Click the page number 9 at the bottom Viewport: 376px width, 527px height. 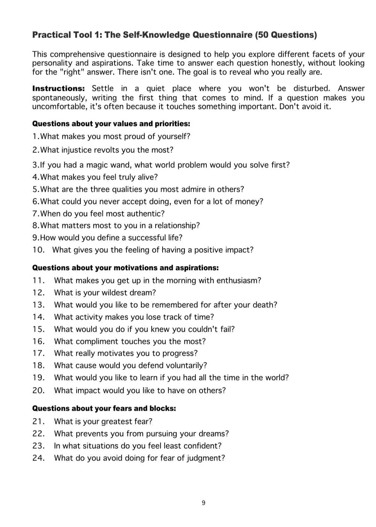(203, 503)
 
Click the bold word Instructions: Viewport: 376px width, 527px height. (58, 88)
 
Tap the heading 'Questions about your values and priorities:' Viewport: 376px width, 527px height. (111, 124)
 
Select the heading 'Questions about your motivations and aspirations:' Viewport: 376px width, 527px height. (125, 268)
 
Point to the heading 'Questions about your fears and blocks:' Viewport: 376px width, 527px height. (104, 408)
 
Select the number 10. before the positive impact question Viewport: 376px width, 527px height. (39, 250)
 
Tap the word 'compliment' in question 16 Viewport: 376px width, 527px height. (97, 341)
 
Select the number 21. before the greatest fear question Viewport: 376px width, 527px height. (39, 422)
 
